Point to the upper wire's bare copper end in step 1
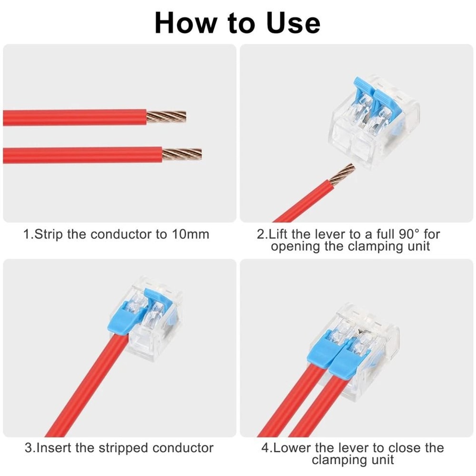(x=166, y=116)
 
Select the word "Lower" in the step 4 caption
(x=293, y=448)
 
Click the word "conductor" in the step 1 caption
(x=122, y=234)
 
